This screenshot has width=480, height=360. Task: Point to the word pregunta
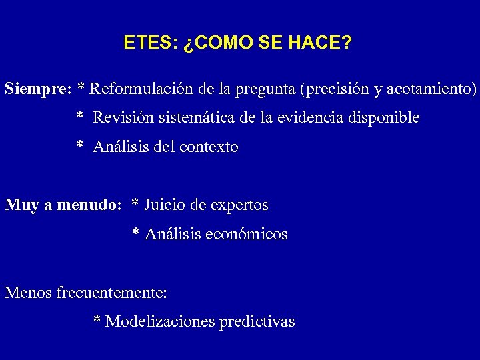point(267,89)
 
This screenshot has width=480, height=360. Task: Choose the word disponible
point(383,119)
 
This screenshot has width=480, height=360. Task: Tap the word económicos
point(251,234)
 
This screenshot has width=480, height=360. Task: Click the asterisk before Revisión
point(79,117)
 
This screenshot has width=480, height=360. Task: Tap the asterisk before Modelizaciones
point(97,321)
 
